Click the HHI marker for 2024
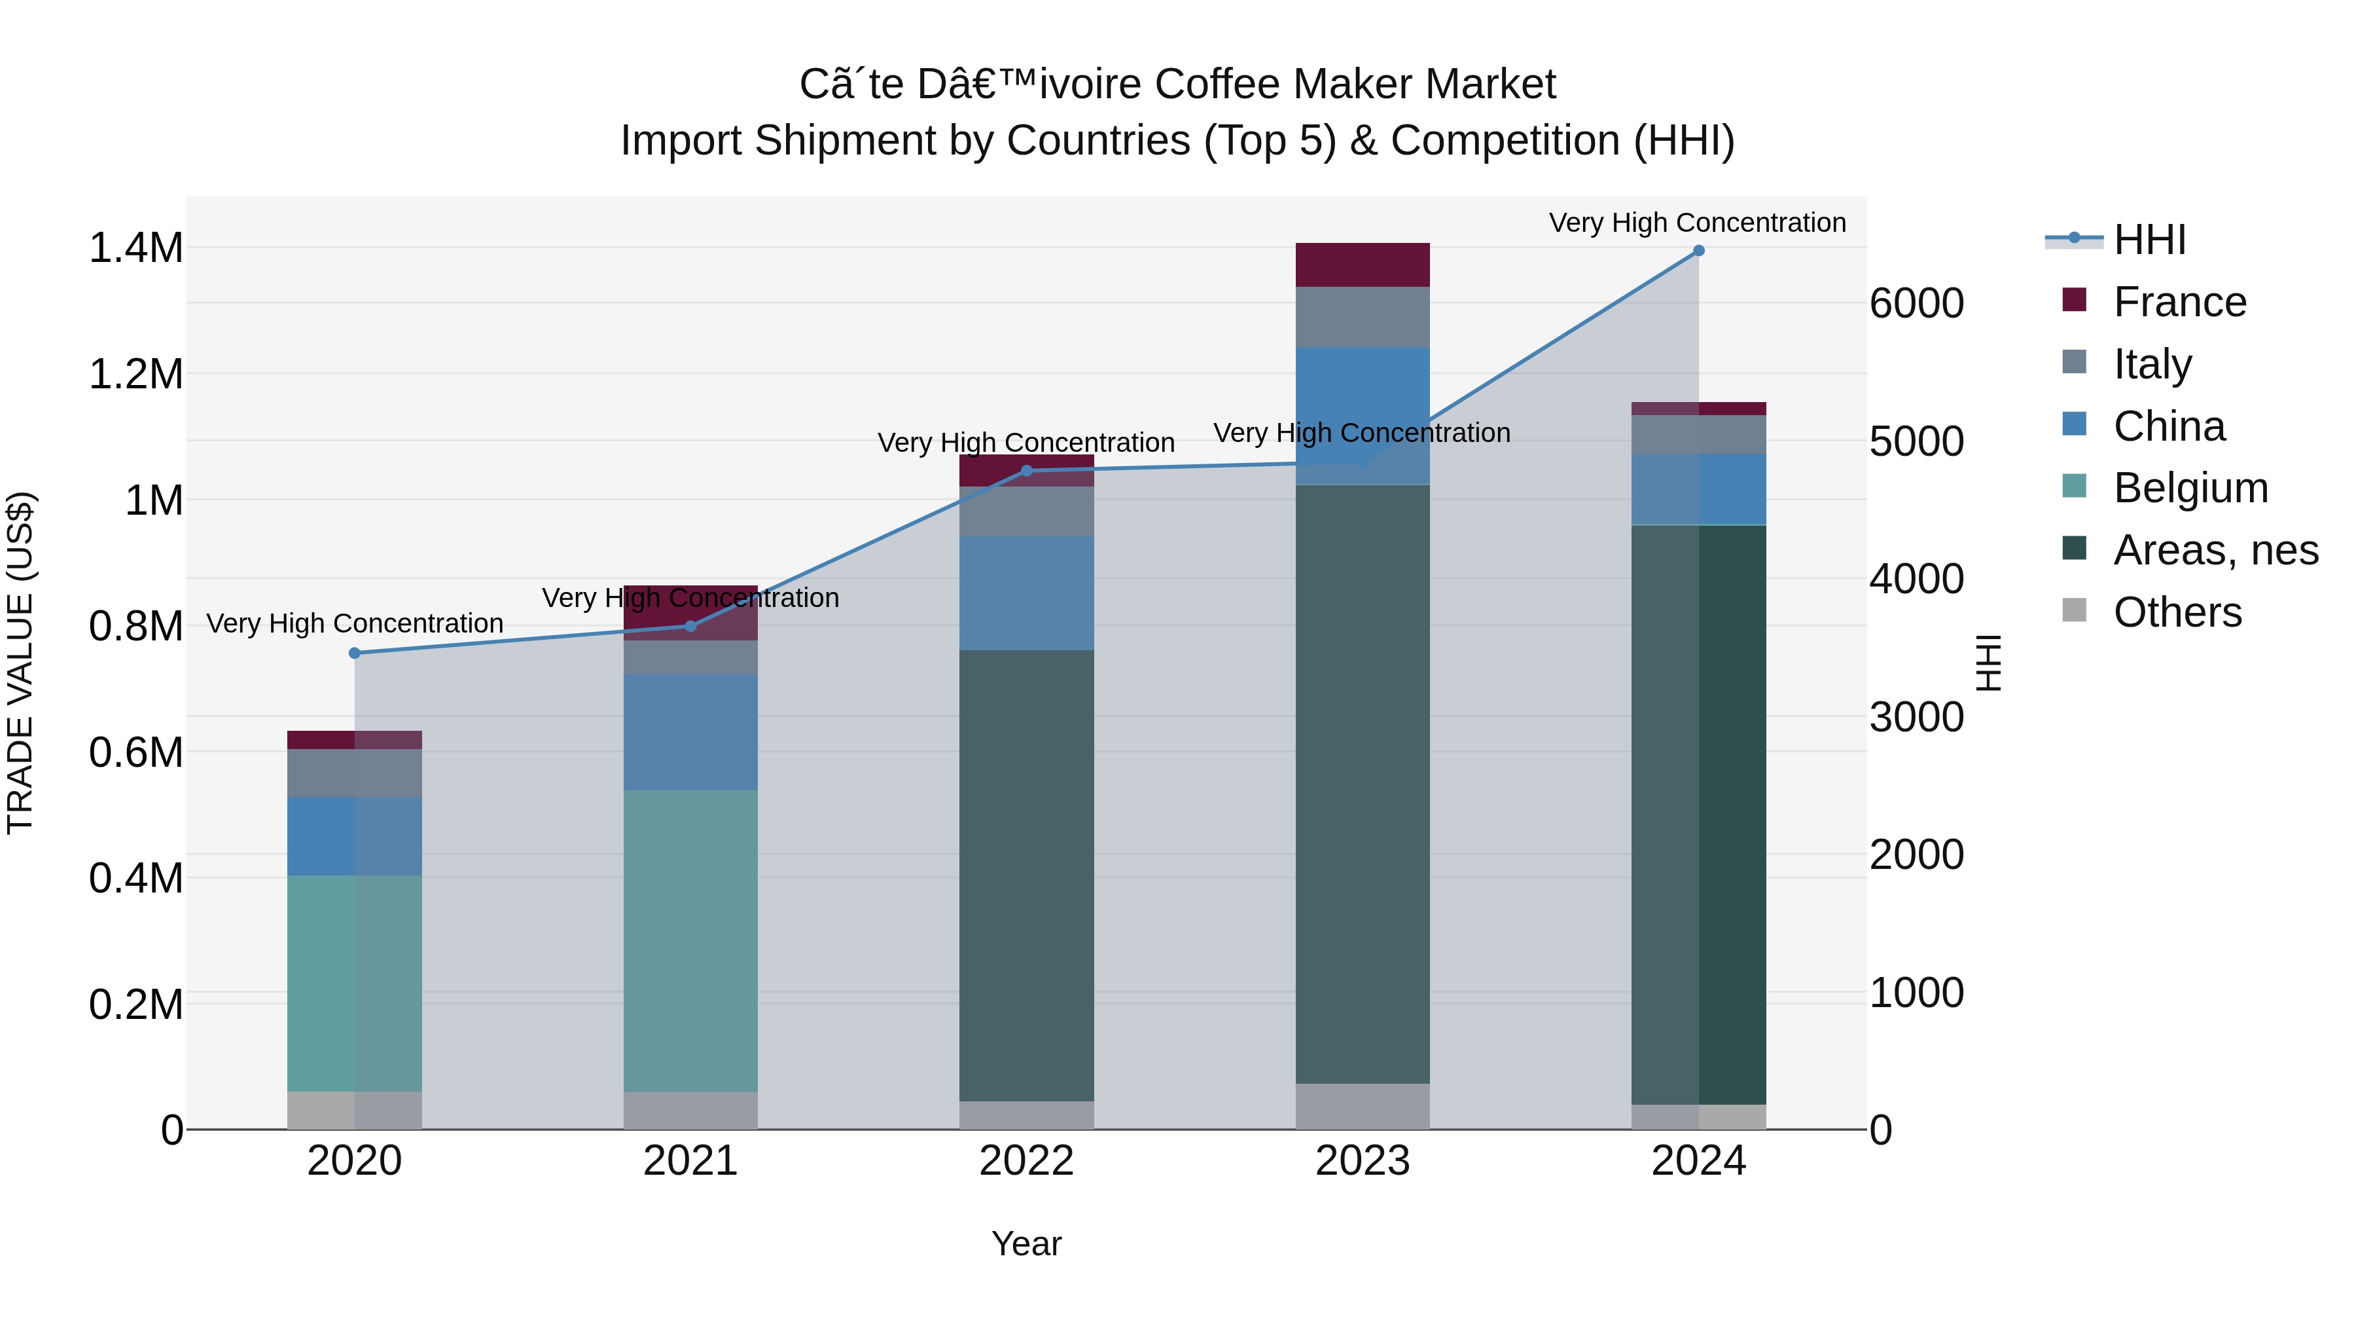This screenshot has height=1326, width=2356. click(x=1698, y=251)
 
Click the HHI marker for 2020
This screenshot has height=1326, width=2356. click(x=355, y=654)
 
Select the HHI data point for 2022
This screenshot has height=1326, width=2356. click(x=1026, y=471)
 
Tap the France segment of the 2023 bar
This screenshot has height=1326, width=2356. click(x=1362, y=265)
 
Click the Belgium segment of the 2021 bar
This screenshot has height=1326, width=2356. click(x=690, y=941)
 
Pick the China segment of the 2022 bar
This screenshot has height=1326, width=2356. click(x=1026, y=593)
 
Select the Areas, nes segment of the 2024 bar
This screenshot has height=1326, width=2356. click(x=1698, y=815)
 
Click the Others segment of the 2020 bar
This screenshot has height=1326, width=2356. click(x=355, y=1110)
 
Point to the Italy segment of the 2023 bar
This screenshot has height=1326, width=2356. click(x=1362, y=318)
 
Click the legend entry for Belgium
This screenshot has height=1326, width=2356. click(x=2190, y=488)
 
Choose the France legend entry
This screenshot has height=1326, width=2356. click(x=2179, y=302)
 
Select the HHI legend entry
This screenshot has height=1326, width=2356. click(x=2149, y=240)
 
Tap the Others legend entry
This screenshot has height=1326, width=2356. click(x=2177, y=612)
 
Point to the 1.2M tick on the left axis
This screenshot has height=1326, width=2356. click(x=135, y=375)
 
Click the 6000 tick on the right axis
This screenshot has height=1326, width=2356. click(x=1916, y=304)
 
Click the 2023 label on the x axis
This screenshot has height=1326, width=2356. click(x=1362, y=1161)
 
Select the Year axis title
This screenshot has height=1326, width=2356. click(x=1026, y=1243)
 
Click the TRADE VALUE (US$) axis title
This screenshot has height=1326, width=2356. click(x=20, y=663)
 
